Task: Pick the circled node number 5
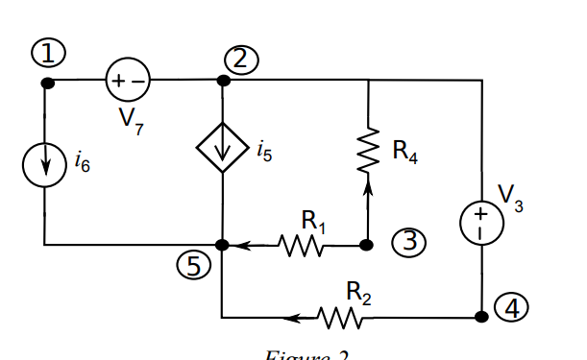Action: (196, 267)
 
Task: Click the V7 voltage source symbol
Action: (127, 82)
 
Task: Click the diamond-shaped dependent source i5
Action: (223, 148)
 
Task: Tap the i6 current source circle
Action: (45, 164)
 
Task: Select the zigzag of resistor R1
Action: (302, 246)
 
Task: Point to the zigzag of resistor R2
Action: (344, 316)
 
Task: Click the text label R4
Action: (404, 151)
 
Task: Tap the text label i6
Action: (82, 164)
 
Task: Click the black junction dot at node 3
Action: (366, 245)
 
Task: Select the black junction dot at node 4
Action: (481, 316)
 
